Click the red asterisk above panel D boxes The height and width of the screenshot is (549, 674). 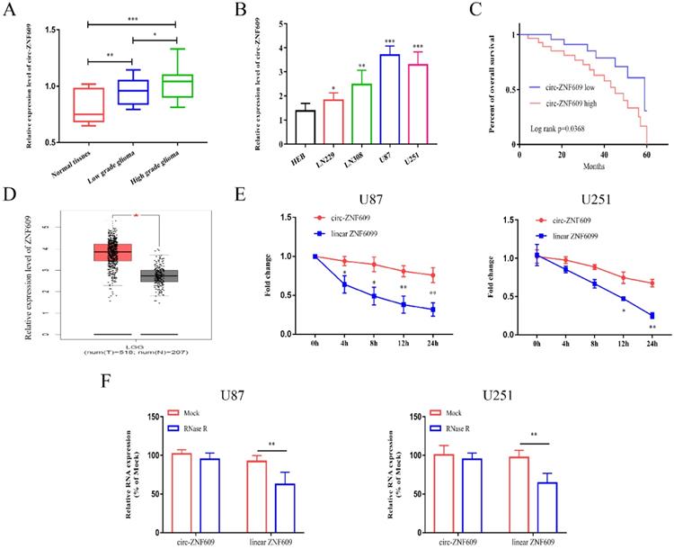137,218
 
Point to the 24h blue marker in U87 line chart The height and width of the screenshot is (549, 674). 407,310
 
